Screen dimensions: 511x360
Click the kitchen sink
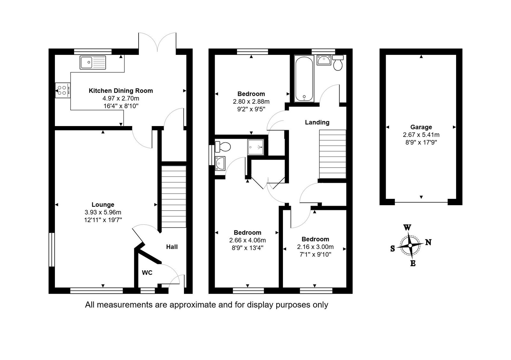point(93,62)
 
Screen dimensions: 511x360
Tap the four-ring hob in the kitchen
point(63,90)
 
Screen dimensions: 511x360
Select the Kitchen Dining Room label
point(121,91)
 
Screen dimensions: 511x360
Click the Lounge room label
point(103,205)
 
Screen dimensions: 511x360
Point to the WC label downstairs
point(147,273)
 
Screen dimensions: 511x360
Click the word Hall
point(172,247)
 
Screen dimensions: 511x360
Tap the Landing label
point(317,123)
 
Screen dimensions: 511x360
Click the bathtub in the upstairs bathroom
point(304,78)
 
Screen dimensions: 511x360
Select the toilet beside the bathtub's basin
point(338,63)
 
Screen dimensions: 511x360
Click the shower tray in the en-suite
point(256,147)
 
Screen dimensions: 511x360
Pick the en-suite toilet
point(223,146)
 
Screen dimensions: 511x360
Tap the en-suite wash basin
point(220,163)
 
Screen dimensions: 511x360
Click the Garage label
point(421,127)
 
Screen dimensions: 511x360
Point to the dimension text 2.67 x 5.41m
point(421,135)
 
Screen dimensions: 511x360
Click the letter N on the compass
point(428,242)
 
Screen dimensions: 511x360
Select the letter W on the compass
point(407,227)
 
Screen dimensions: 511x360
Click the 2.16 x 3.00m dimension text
point(315,247)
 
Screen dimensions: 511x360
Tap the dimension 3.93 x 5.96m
point(103,212)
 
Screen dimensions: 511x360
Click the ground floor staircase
point(174,197)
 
